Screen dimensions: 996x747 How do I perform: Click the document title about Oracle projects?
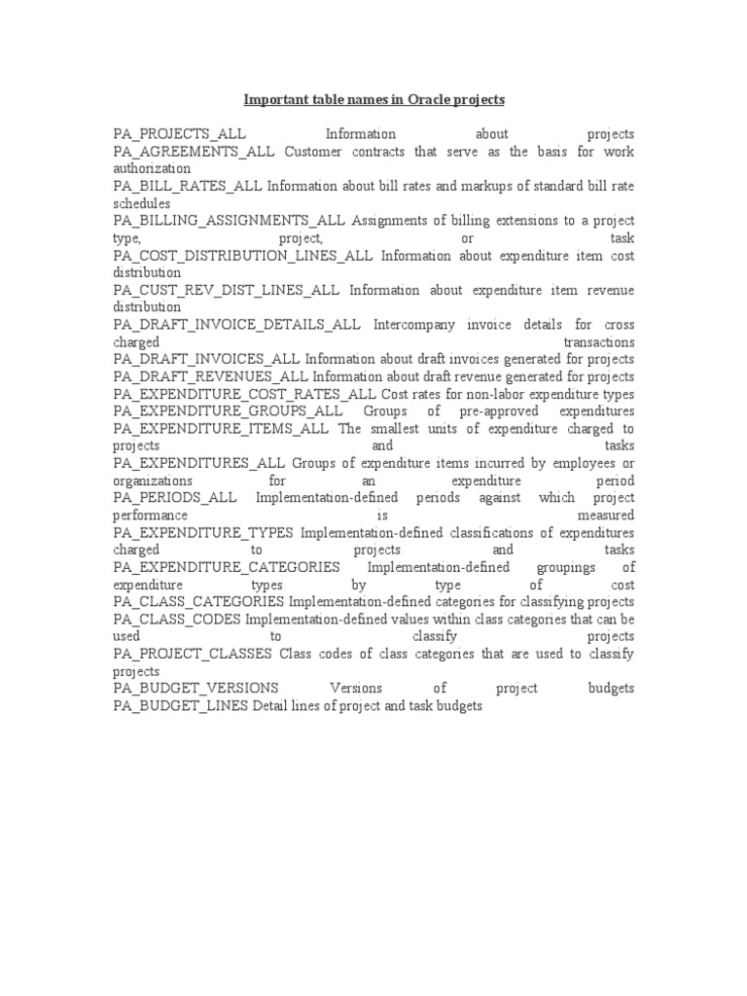373,99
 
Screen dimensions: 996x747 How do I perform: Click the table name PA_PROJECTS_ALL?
179,134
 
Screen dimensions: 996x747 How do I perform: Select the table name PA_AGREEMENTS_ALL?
194,152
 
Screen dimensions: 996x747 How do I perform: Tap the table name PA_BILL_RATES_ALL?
188,187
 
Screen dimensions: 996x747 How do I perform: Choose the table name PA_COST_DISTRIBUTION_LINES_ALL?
242,256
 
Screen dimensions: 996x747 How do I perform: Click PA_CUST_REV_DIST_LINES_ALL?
226,290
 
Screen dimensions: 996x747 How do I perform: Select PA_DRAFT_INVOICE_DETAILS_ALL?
236,325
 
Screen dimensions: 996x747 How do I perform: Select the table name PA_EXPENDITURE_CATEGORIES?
226,567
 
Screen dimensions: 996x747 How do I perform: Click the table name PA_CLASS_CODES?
177,619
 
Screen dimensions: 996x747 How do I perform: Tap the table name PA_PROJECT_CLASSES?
192,654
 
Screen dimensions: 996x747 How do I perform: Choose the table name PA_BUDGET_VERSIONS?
196,689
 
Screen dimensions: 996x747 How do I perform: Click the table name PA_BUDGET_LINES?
181,706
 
